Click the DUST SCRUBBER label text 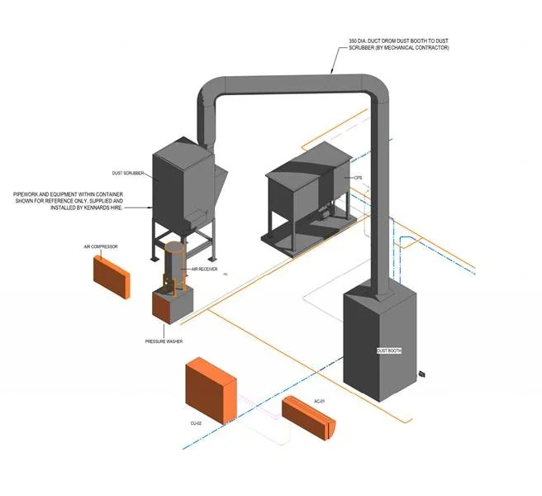click(128, 174)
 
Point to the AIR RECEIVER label click(204, 269)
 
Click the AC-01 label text click(321, 402)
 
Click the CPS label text click(358, 179)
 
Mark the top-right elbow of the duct click(376, 88)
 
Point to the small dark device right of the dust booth click(421, 374)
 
